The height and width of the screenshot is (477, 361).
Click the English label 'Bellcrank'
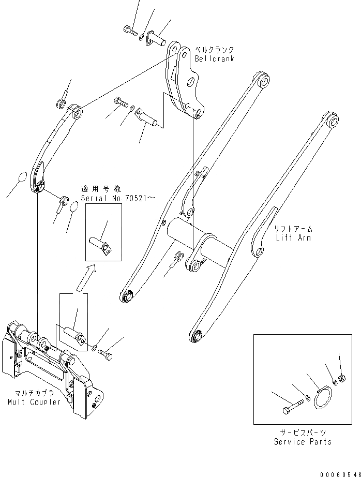[x=214, y=59]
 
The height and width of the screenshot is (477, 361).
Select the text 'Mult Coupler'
[x=34, y=402]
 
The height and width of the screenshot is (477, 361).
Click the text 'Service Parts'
[x=303, y=442]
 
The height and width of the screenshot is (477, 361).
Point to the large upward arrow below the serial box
[x=85, y=277]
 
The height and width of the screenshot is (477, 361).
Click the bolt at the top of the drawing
[x=130, y=32]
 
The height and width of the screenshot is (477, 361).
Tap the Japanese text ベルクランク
[x=214, y=50]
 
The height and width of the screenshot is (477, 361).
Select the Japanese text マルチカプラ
[x=34, y=393]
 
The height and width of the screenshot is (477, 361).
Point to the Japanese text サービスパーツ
[x=303, y=433]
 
